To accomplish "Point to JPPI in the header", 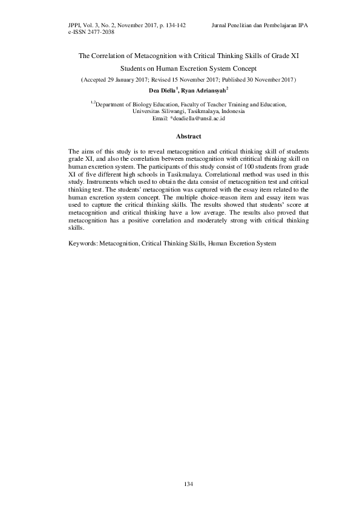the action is click(x=77, y=25).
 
